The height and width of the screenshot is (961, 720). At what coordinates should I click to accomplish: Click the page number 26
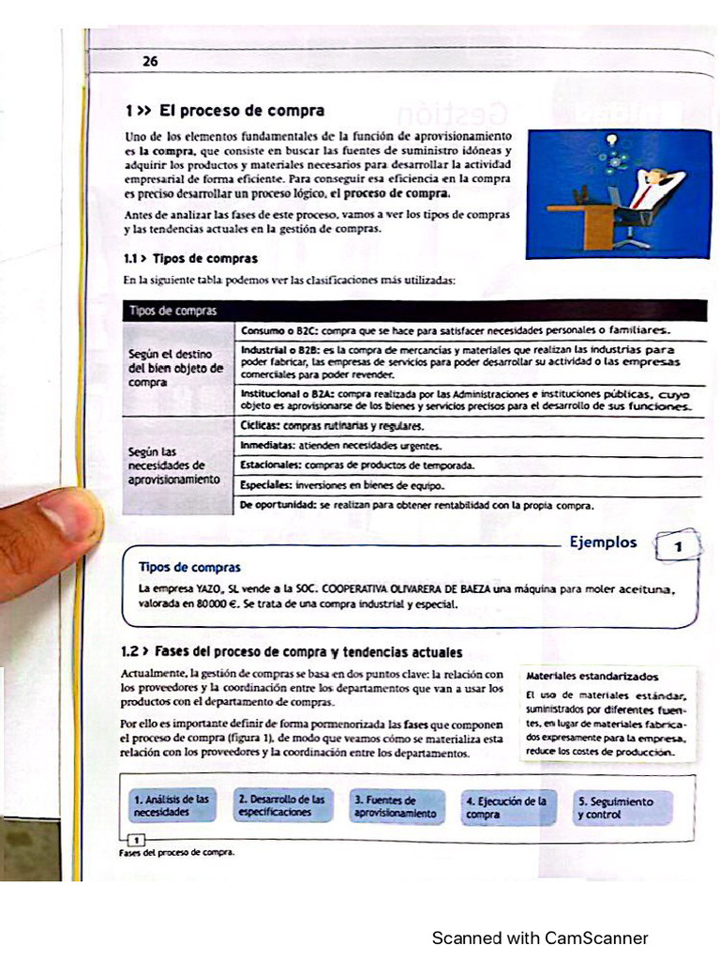[x=150, y=62]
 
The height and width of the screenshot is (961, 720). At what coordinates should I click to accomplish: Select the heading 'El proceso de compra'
[x=241, y=111]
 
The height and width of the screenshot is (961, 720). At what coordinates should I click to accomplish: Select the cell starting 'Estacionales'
[x=357, y=465]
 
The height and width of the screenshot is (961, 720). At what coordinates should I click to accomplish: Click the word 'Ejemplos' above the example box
[x=604, y=542]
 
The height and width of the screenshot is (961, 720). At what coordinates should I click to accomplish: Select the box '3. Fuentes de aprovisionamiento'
[x=395, y=806]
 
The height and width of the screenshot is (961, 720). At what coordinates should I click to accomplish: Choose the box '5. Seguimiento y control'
[x=622, y=807]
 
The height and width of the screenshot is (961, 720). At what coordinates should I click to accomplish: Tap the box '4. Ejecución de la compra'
[x=507, y=807]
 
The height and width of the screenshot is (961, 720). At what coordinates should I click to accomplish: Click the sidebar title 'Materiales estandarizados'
[x=592, y=676]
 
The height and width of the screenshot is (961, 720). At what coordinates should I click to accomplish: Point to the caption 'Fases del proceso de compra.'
[x=175, y=852]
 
